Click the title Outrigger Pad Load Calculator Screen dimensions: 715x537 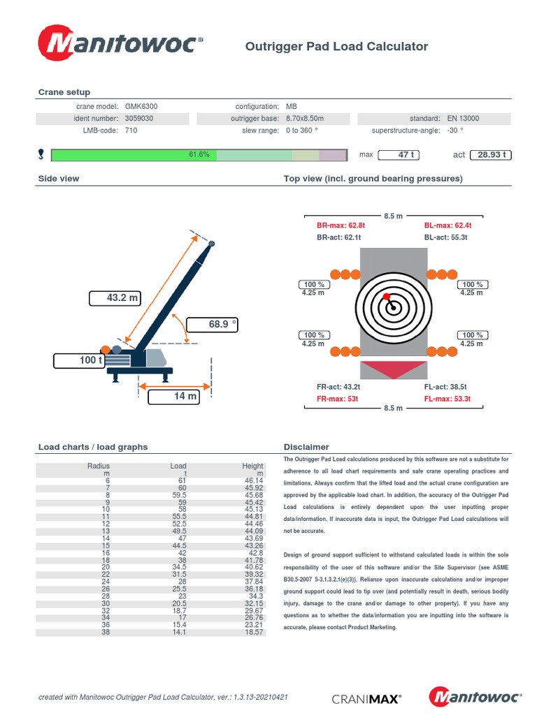point(336,47)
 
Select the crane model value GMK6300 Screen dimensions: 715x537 point(141,106)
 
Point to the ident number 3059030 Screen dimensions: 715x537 point(139,119)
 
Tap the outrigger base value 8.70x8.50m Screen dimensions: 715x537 point(305,119)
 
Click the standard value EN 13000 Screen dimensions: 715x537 point(463,119)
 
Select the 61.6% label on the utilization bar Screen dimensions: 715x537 point(199,154)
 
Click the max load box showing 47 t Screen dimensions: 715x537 point(406,154)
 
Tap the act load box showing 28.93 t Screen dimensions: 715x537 point(492,154)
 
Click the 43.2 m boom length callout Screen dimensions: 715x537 point(115,298)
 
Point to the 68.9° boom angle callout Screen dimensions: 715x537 point(213,324)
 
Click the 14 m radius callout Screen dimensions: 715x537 point(174,397)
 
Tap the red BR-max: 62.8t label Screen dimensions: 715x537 point(341,226)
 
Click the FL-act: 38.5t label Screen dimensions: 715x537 point(445,386)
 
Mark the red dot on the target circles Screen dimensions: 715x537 point(386,297)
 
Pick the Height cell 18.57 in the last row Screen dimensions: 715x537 point(253,632)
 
